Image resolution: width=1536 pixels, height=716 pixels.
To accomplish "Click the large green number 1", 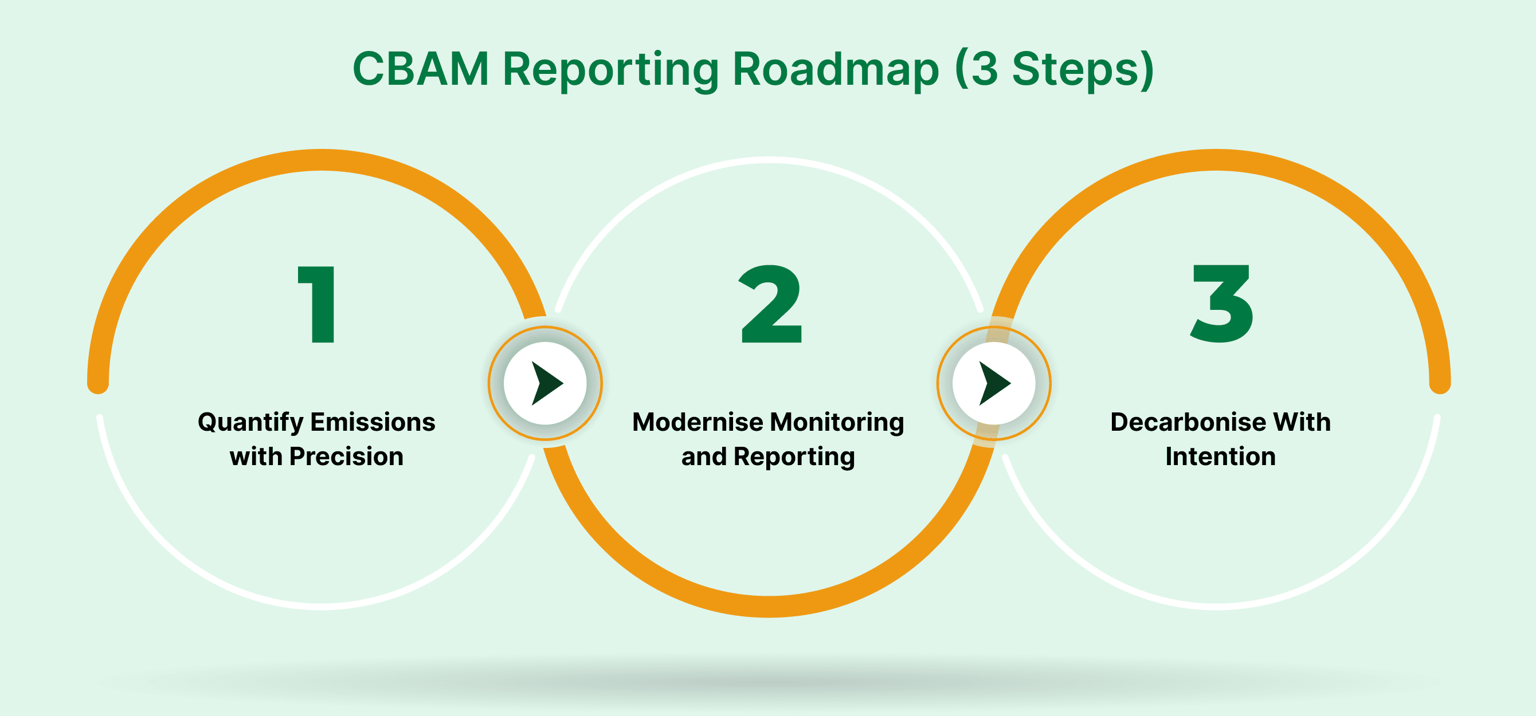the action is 317,304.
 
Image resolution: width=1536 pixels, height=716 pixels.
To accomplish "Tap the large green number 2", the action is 770,304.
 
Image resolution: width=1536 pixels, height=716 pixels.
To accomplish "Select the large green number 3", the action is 1221,304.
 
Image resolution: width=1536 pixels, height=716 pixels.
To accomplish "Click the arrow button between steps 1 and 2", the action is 545,383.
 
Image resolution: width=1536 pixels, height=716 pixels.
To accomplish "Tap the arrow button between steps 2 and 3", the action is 993,383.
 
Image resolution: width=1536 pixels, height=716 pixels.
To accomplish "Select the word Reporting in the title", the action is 611,70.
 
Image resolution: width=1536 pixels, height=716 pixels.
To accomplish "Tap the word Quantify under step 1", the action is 251,423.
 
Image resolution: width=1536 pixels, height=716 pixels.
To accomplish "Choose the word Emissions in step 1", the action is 373,422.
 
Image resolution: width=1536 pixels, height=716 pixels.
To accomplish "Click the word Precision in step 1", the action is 346,457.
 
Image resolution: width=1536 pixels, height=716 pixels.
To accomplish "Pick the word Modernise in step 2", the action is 698,422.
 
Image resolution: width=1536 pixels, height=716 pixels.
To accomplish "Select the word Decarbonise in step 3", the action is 1188,422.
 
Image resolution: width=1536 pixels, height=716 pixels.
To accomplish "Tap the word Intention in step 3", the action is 1221,457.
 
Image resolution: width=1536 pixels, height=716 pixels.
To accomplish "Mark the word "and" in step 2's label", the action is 704,457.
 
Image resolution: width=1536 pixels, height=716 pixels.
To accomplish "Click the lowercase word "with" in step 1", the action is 256,457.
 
